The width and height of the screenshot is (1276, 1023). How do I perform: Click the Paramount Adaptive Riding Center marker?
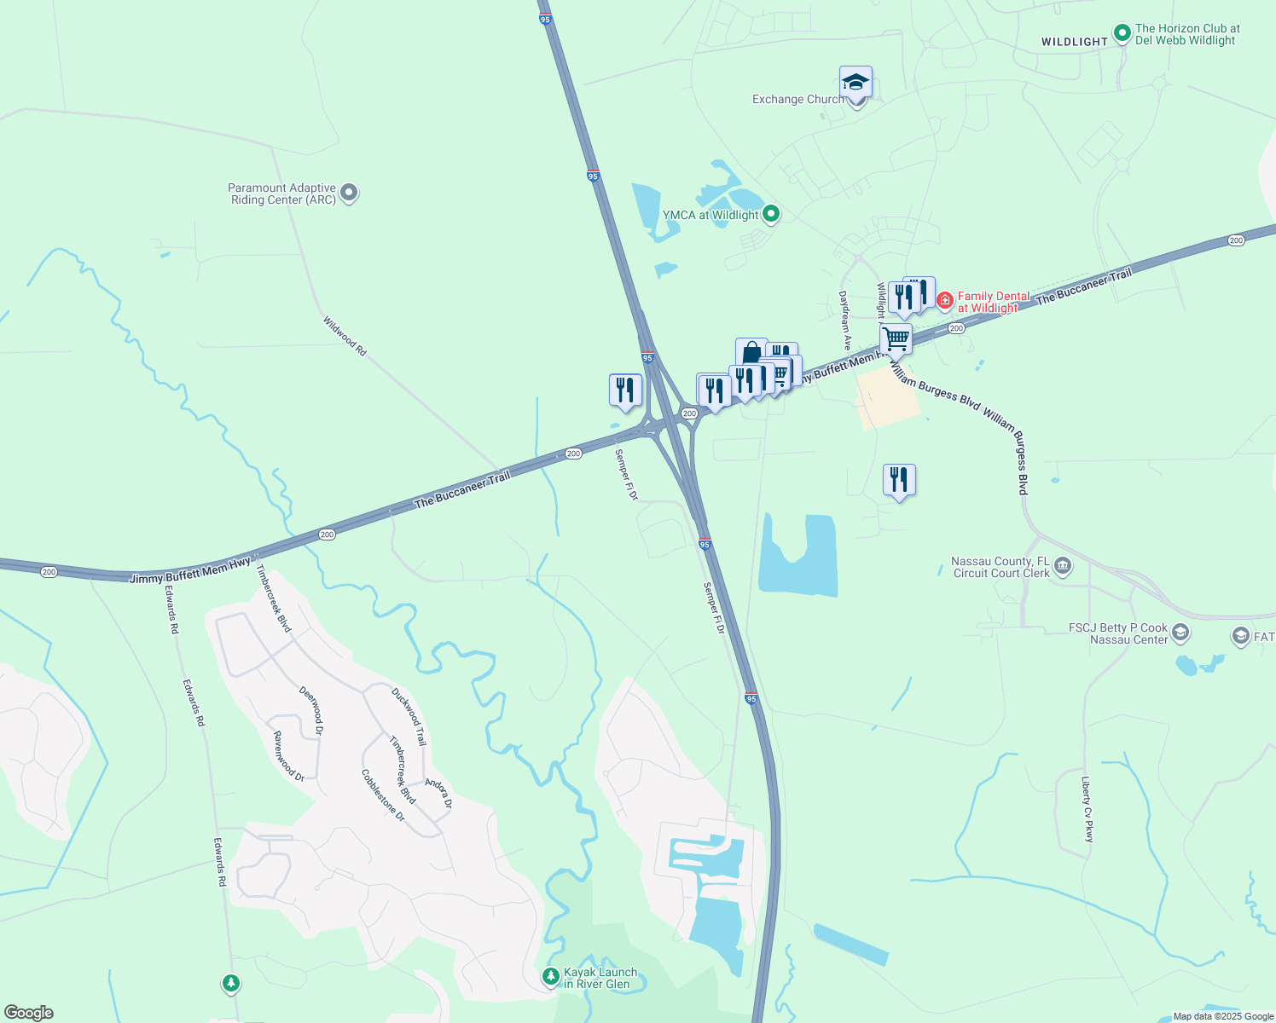(x=348, y=194)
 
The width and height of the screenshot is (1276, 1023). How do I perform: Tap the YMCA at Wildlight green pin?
(x=771, y=214)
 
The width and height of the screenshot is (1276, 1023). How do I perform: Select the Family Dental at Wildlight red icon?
(x=944, y=300)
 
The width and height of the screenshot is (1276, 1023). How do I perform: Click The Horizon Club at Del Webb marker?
(x=1122, y=35)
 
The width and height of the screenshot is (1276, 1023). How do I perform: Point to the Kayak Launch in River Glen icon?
(x=551, y=975)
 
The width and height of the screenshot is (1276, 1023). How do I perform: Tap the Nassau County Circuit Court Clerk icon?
(x=1063, y=566)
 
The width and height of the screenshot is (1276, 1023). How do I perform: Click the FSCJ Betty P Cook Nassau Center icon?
(x=1180, y=633)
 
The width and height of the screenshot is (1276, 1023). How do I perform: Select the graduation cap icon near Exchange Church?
(x=855, y=83)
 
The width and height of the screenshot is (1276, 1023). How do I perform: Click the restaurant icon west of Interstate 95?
(x=625, y=390)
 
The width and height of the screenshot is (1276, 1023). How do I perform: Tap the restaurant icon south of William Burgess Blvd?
(x=899, y=480)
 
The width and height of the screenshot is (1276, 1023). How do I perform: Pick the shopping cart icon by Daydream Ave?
(x=896, y=338)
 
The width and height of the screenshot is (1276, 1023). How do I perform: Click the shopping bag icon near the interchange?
(x=751, y=352)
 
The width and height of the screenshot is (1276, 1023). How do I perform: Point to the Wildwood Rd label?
(x=345, y=336)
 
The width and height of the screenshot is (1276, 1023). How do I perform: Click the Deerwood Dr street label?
(x=311, y=709)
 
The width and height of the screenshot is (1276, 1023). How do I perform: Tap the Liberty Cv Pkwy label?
(x=1087, y=809)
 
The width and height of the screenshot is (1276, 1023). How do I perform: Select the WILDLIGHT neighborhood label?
(x=1074, y=42)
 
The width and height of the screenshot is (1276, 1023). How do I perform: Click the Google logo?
(x=28, y=1013)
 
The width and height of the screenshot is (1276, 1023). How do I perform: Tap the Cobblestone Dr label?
(x=382, y=795)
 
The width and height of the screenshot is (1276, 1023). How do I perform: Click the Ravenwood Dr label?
(x=288, y=756)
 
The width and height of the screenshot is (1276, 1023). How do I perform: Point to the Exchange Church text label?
(x=797, y=100)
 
